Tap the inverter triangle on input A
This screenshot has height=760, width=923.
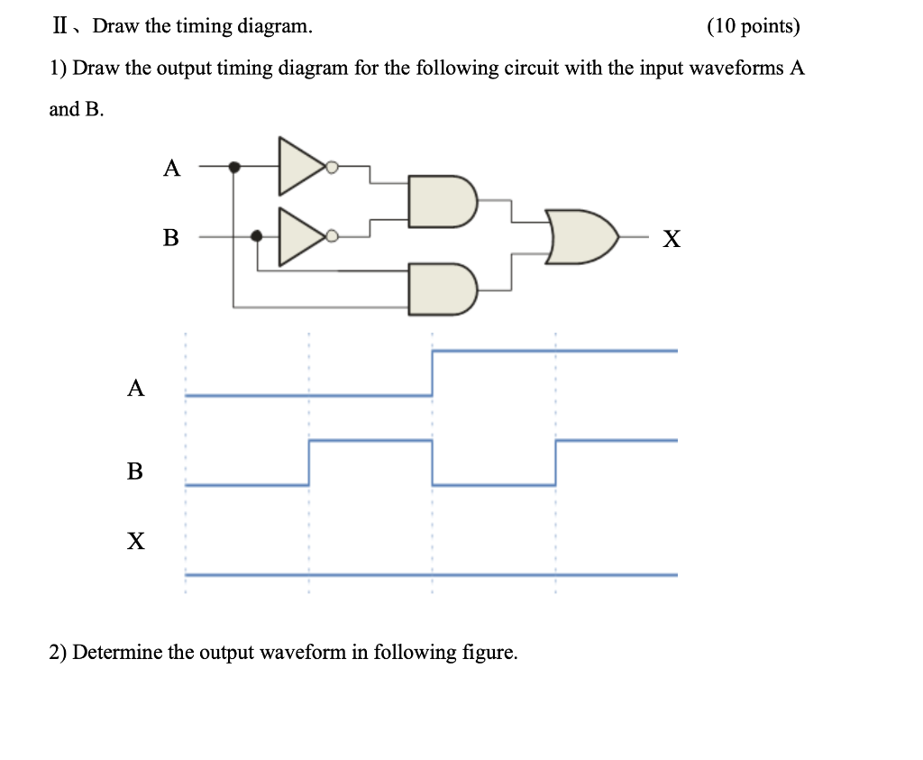tap(301, 167)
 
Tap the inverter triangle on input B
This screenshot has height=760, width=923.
tap(301, 237)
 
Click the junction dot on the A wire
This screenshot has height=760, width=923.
tap(234, 167)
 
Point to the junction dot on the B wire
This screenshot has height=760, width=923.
tap(257, 236)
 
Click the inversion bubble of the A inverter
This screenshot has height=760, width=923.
tap(332, 167)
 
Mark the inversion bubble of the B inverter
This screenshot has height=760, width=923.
tap(332, 236)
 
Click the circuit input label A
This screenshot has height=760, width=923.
tap(171, 168)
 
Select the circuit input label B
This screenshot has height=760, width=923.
tap(170, 238)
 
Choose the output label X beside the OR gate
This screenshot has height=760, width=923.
tap(672, 239)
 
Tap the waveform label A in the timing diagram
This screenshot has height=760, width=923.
tap(135, 389)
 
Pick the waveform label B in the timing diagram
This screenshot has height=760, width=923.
tap(135, 471)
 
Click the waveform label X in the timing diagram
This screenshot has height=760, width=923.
tap(135, 541)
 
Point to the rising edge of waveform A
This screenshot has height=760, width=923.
tap(433, 372)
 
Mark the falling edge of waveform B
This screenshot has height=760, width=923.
tap(433, 462)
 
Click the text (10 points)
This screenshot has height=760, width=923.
tap(754, 26)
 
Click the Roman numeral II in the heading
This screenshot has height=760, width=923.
tap(60, 26)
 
